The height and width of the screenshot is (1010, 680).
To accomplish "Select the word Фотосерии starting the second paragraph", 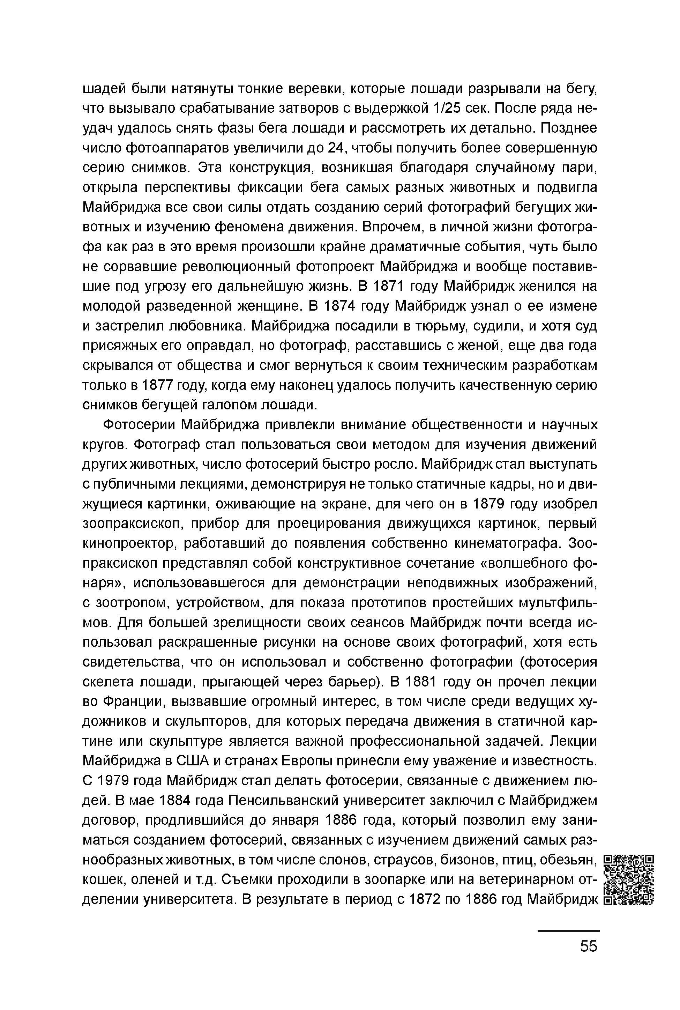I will click(140, 424).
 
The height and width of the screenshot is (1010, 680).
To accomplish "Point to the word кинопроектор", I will click(130, 544).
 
